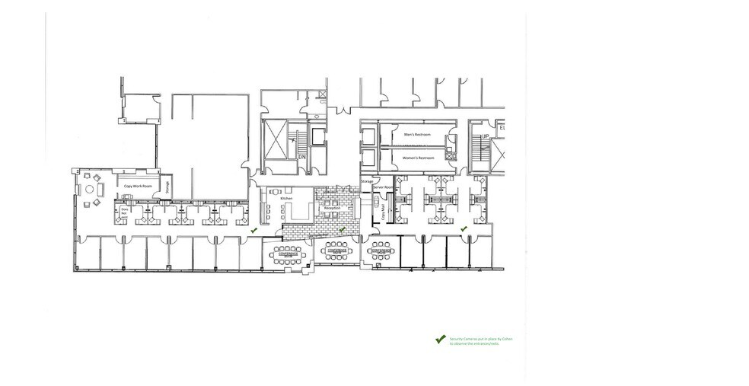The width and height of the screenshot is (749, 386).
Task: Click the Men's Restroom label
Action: tap(417, 134)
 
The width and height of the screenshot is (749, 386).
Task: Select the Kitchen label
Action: tap(286, 198)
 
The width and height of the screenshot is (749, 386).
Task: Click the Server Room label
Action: tap(383, 187)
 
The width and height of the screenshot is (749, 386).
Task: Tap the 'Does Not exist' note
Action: tap(123, 212)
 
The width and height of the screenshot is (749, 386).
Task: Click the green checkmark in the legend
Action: tap(438, 340)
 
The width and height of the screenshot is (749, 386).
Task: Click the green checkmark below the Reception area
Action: tap(342, 228)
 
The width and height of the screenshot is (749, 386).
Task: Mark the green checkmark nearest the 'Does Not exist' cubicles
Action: tap(255, 228)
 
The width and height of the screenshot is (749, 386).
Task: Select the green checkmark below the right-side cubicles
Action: tap(462, 228)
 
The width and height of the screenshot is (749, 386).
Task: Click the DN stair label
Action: tap(301, 156)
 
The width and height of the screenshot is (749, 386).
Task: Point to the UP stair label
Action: tap(484, 137)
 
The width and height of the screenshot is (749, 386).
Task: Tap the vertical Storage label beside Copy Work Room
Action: tap(167, 187)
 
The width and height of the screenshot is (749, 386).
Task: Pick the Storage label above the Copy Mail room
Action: tap(366, 182)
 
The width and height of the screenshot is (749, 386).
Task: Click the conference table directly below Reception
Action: tap(336, 250)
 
